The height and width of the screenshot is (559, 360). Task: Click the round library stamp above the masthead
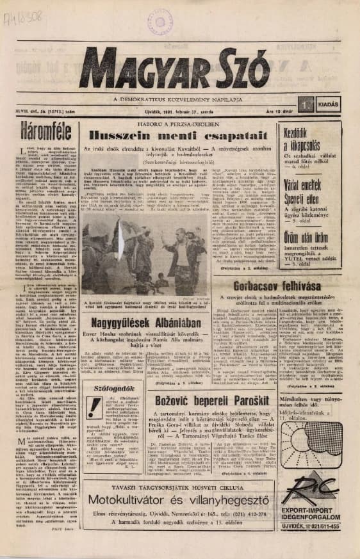pyautogui.click(x=160, y=20)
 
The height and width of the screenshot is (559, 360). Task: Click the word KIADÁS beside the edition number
pyautogui.click(x=329, y=102)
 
